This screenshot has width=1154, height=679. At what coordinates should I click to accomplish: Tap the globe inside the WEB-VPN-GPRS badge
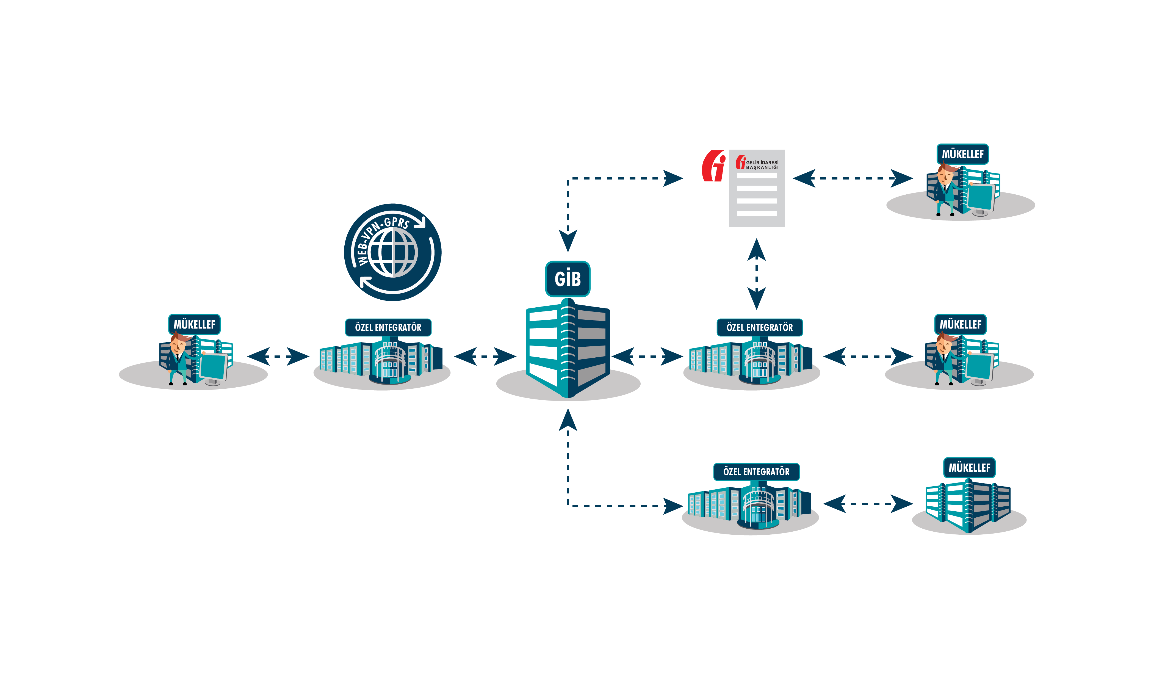click(393, 252)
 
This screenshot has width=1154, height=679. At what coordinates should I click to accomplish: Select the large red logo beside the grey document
click(713, 166)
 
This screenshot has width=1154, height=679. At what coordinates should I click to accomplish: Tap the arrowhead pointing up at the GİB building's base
click(568, 420)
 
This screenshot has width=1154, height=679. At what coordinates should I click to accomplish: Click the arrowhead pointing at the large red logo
click(673, 178)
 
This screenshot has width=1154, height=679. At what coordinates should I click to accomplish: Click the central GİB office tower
click(568, 347)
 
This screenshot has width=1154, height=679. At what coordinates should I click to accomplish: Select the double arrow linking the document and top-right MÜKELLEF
click(853, 178)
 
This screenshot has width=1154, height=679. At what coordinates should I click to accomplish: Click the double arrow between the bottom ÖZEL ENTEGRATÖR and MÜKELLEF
click(868, 504)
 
